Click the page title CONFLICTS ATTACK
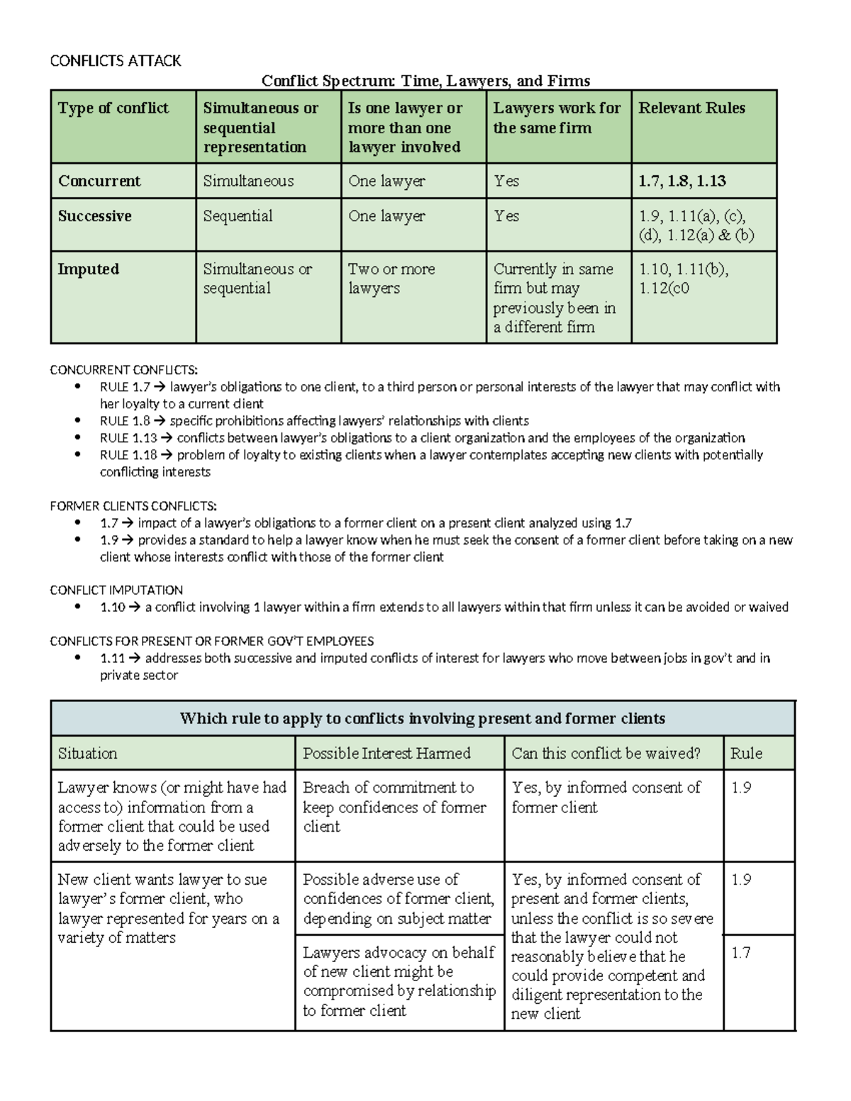pos(116,61)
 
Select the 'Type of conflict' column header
pos(113,108)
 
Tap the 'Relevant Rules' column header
pos(691,108)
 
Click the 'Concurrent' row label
pos(99,181)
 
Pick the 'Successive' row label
pos(95,216)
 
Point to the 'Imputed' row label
pos(89,269)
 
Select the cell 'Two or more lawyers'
pos(391,279)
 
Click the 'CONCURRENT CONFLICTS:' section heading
pos(124,370)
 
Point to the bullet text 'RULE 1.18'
pos(128,455)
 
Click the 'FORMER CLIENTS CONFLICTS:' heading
pos(133,506)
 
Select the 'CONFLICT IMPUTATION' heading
pos(116,590)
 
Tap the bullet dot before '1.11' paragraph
pos(77,659)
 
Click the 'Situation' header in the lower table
pos(88,753)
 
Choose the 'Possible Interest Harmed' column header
pos(386,753)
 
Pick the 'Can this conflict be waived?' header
pos(606,753)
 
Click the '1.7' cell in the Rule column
pos(741,953)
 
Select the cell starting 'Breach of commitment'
pos(394,807)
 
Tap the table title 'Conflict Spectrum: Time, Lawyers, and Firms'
pos(425,81)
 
